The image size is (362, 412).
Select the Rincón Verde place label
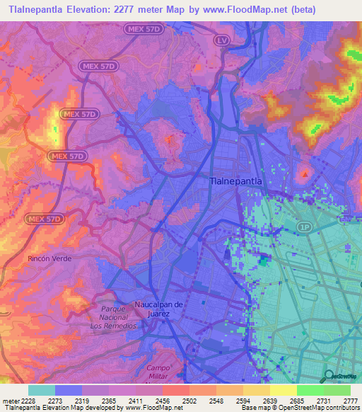coord(49,259)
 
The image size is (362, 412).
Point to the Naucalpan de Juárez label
coord(159,309)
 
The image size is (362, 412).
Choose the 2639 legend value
coord(269,401)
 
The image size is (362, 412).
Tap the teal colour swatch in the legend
coord(41,390)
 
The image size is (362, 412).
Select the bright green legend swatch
coord(310,390)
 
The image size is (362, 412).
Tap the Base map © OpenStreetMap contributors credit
coord(299,408)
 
